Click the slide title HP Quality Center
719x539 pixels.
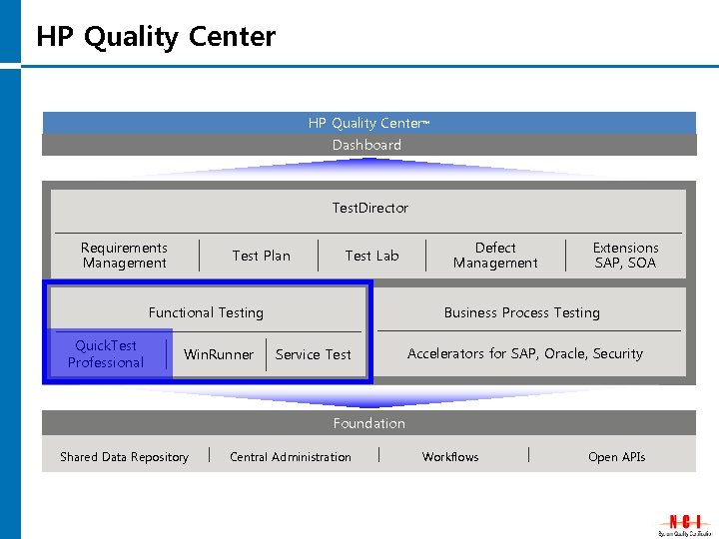pos(156,37)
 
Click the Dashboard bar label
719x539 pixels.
pos(367,145)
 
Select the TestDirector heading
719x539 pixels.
pos(369,208)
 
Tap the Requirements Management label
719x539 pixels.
pos(125,256)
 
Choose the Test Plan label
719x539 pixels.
pos(261,256)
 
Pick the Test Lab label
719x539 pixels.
pos(371,256)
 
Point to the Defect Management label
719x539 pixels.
pos(495,256)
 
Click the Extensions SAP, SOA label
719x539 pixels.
pos(625,256)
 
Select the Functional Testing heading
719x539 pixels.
pos(206,312)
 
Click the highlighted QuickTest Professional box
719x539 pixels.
pos(107,354)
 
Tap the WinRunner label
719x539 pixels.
pos(219,354)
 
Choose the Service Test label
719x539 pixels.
pos(313,354)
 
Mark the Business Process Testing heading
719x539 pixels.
pos(521,312)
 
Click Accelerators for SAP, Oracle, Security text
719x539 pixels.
pos(525,353)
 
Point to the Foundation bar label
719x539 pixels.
pos(369,423)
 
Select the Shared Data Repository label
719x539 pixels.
pos(124,457)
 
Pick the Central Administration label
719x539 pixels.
pos(291,457)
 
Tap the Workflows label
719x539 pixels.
pos(450,457)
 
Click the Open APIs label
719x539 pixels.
pos(616,457)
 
